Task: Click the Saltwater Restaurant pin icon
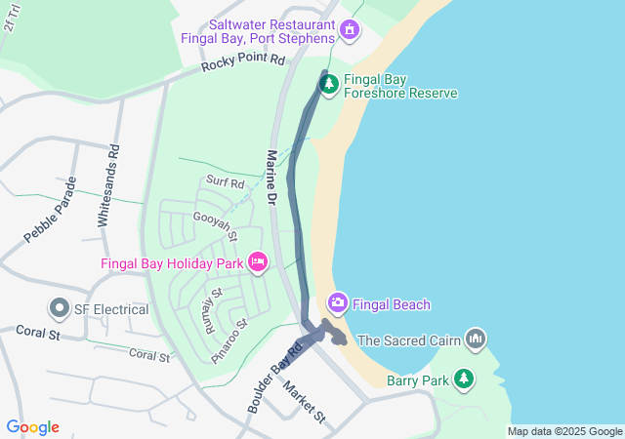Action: [349, 30]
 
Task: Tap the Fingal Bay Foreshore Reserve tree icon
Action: [329, 85]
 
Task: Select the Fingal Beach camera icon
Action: [338, 303]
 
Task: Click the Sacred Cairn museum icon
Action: [476, 339]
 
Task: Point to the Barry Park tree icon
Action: [467, 379]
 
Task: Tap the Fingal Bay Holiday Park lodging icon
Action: [258, 261]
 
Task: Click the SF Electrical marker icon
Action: [60, 309]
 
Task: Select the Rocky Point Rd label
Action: [243, 63]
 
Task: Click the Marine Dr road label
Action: [271, 176]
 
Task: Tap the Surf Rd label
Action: [225, 182]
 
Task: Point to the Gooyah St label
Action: [216, 225]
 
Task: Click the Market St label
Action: [304, 402]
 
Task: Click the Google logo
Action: [32, 427]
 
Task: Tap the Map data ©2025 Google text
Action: [563, 431]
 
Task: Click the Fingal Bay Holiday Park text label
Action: [173, 262]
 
